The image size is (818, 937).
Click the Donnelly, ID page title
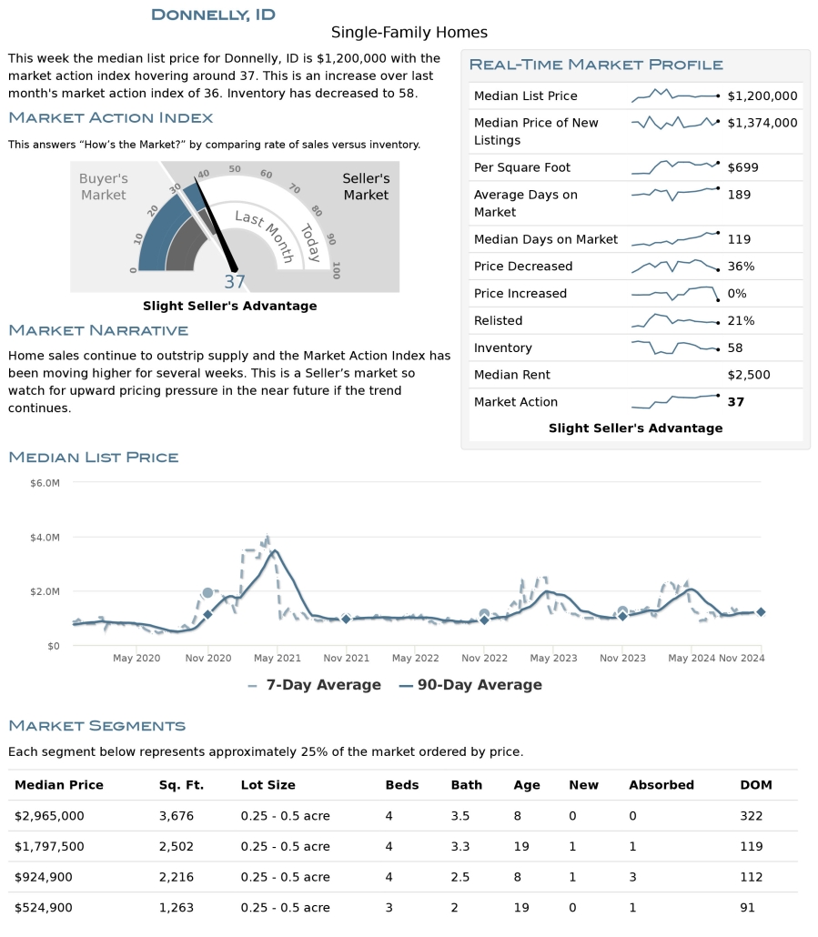click(x=213, y=15)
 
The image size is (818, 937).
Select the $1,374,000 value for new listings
click(x=762, y=123)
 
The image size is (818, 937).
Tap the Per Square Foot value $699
click(x=742, y=167)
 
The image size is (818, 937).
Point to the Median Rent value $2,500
click(x=749, y=375)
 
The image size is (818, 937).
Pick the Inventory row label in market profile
click(x=502, y=348)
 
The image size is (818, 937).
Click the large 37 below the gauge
click(x=235, y=282)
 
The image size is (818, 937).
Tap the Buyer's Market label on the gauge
click(x=104, y=186)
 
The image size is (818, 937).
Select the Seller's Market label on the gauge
click(x=366, y=186)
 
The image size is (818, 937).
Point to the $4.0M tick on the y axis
click(x=45, y=537)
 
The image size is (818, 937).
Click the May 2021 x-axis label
click(x=277, y=658)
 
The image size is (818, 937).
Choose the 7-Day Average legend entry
click(x=314, y=685)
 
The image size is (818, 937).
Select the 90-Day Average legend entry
click(x=470, y=685)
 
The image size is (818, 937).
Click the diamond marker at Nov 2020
click(x=207, y=615)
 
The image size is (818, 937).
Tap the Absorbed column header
click(x=661, y=785)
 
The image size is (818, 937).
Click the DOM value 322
click(x=752, y=816)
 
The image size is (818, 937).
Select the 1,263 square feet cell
click(x=177, y=907)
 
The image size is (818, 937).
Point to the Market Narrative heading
click(x=98, y=330)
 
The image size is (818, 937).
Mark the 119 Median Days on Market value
click(x=739, y=239)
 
